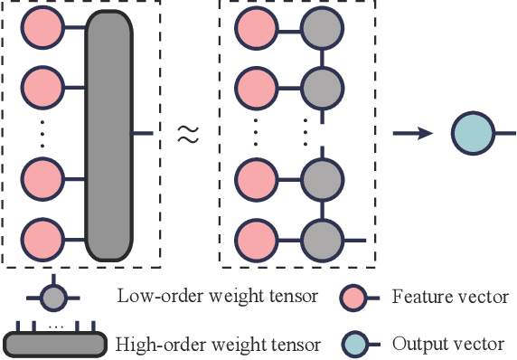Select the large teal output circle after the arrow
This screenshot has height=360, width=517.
469,135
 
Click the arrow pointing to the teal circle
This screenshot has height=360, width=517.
411,135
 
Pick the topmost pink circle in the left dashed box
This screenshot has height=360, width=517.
41,33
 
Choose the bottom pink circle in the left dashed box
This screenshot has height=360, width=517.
41,240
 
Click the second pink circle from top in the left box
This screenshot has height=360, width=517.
41,89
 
